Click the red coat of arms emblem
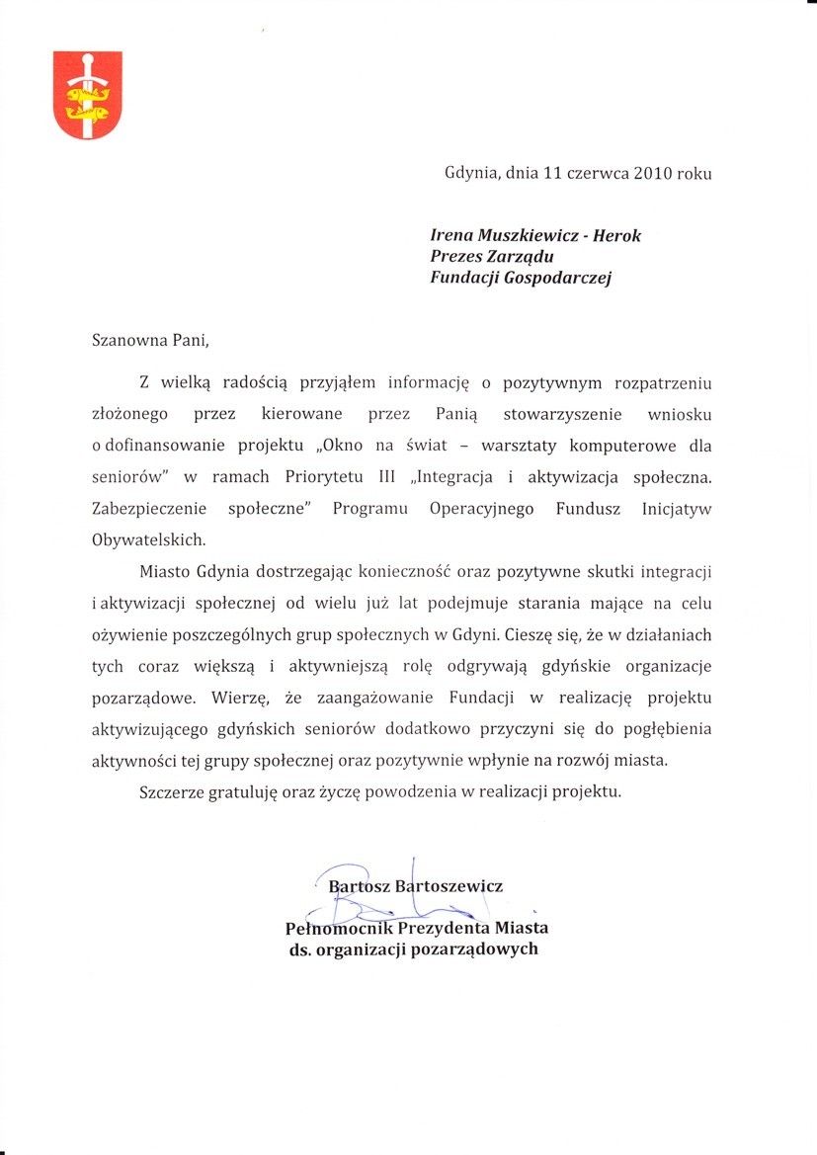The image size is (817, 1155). [x=87, y=95]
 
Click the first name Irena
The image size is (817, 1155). [x=452, y=235]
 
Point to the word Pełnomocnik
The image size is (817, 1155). [x=338, y=928]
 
